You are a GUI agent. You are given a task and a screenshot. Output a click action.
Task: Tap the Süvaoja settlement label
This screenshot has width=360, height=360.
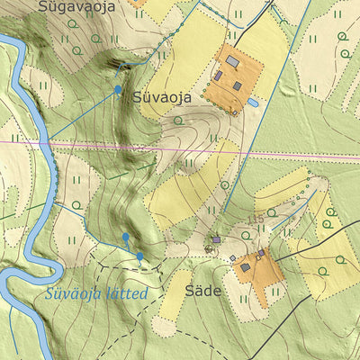coord(161,97)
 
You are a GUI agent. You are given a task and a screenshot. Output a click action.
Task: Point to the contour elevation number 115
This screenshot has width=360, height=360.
coord(256,220)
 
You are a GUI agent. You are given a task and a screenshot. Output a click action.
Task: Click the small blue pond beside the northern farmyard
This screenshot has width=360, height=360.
coord(255,103)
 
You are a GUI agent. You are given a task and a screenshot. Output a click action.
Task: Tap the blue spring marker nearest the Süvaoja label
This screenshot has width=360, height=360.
coord(118,90)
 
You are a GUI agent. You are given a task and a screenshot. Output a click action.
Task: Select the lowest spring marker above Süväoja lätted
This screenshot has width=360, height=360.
coord(140,256)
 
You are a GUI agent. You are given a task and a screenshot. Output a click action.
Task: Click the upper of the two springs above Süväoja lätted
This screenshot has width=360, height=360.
coord(125,237)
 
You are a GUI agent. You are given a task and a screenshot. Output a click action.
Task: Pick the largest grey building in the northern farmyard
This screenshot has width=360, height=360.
coord(232,61)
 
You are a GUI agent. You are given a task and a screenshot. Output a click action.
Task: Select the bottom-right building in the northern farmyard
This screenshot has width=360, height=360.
coord(238,86)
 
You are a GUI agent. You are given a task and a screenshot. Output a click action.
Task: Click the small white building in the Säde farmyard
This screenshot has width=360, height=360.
coord(232,258)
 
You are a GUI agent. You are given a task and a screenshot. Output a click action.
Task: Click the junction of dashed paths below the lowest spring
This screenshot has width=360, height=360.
coord(140,268)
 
